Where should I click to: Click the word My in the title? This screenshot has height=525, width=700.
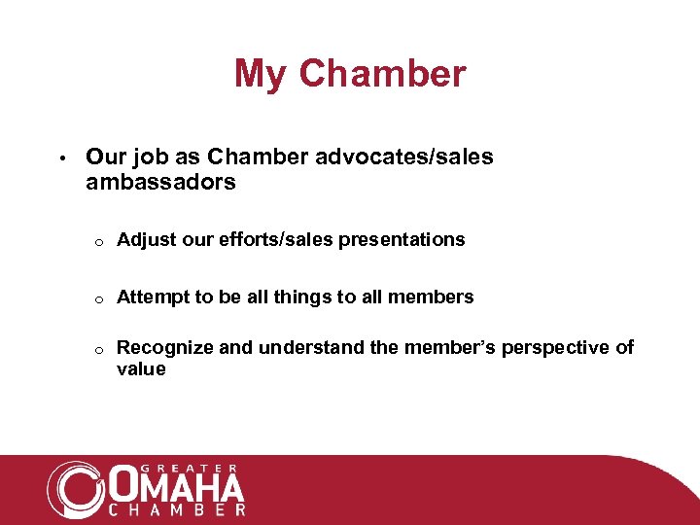[262, 74]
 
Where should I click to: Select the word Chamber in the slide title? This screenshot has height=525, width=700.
[383, 74]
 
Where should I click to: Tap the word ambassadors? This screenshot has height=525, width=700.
[160, 182]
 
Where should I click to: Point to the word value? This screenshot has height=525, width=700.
[141, 369]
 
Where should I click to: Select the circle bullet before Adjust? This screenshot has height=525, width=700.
[99, 241]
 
